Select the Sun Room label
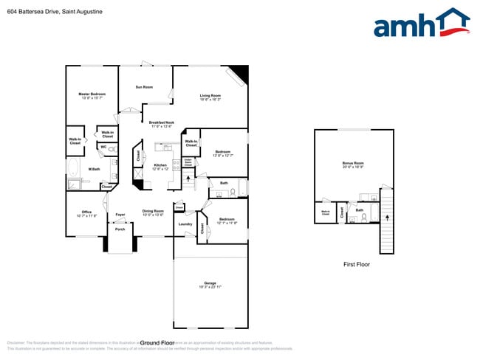(144, 88)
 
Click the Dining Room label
(153, 212)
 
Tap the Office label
(87, 213)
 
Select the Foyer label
(120, 215)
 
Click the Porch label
(120, 229)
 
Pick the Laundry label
(185, 224)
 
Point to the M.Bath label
(95, 170)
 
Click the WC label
(103, 147)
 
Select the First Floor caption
(356, 263)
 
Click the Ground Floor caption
(157, 343)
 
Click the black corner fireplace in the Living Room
(238, 75)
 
